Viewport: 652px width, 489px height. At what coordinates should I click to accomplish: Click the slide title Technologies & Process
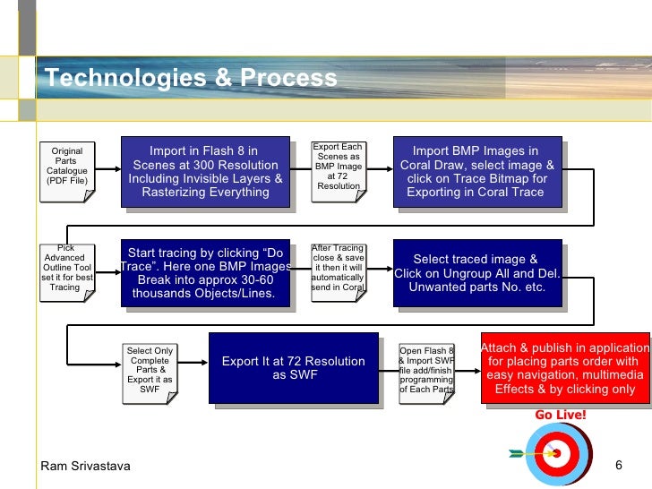coord(191,79)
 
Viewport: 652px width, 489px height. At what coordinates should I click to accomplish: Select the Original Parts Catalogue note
coord(67,167)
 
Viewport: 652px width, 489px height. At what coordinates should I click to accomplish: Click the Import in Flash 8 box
coord(205,171)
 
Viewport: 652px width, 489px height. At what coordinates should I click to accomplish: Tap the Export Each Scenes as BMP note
coord(338,167)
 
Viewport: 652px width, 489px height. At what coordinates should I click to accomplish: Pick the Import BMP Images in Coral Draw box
coord(476,171)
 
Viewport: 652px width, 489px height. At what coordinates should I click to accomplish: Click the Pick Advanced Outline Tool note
coord(66,268)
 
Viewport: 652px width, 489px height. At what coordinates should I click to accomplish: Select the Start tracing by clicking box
coord(205,273)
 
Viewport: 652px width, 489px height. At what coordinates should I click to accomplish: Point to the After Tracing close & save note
coord(338,269)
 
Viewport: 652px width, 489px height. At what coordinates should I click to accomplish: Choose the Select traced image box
coord(476,273)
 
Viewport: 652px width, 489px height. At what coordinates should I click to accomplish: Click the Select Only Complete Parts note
coord(150,370)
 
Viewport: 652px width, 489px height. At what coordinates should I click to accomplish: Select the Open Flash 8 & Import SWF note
coord(427,370)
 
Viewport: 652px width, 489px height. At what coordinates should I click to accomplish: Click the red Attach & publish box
coord(565,368)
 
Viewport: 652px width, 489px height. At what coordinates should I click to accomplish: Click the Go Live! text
coord(560,415)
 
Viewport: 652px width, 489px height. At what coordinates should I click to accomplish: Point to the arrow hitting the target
coord(529,453)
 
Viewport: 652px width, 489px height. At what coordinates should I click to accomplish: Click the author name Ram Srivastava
coord(85,466)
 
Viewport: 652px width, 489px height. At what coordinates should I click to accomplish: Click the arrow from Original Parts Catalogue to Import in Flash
coord(106,168)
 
